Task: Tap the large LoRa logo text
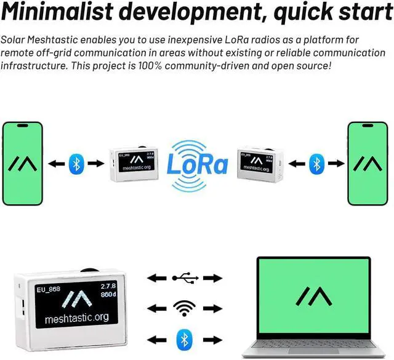[x=198, y=164]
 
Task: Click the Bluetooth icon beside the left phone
[x=76, y=164]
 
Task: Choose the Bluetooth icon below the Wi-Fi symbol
[x=182, y=338]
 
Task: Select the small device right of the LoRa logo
[x=260, y=164]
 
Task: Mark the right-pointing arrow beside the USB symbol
[x=212, y=278]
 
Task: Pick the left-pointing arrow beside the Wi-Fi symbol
[x=156, y=308]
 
